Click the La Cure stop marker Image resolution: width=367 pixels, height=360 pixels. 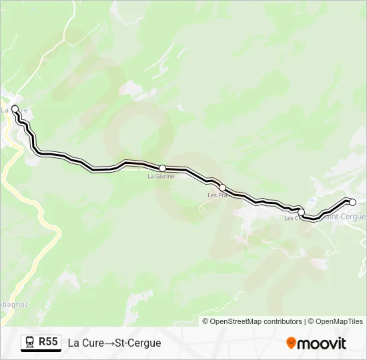(15, 108)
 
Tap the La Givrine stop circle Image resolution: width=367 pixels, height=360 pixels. (162, 168)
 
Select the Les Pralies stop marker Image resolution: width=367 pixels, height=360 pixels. (223, 187)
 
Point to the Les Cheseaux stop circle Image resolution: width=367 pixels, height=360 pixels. (301, 212)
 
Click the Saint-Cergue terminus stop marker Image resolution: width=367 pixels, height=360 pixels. (353, 202)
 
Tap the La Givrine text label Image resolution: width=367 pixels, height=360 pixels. (161, 177)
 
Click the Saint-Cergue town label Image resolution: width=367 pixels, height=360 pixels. (344, 217)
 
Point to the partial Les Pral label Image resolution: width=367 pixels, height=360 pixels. (218, 195)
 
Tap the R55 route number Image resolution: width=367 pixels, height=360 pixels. (48, 342)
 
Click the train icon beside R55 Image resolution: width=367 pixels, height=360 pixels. (30, 343)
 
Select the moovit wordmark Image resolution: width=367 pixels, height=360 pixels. (321, 343)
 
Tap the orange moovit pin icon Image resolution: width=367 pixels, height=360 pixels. (291, 343)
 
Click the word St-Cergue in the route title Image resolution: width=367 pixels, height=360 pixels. (137, 343)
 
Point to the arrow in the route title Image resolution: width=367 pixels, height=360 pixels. (109, 343)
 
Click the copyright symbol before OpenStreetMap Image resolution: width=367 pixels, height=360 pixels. (206, 321)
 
